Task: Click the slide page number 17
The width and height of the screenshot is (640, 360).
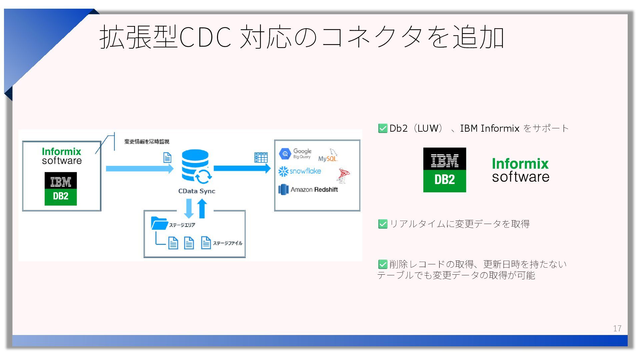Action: [x=617, y=328]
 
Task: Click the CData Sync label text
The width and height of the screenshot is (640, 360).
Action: [x=197, y=191]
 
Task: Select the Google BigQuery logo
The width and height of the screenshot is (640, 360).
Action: [x=295, y=154]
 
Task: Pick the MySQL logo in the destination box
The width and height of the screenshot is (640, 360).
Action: [x=328, y=156]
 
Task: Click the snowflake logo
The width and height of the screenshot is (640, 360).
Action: [x=300, y=171]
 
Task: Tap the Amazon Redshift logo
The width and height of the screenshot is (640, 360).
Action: [x=308, y=190]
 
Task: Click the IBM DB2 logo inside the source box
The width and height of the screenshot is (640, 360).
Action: [x=61, y=189]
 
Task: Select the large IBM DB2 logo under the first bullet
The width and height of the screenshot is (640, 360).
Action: [x=444, y=170]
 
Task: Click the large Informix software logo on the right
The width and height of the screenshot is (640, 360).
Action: [x=520, y=170]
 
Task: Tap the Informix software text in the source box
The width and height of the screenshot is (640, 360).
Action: [x=62, y=156]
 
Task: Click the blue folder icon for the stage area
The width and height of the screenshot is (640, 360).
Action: [x=159, y=223]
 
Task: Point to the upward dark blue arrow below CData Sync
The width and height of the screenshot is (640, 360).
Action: [x=202, y=208]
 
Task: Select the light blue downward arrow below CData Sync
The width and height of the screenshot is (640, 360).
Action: [x=189, y=208]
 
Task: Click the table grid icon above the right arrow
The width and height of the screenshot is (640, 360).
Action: [x=261, y=157]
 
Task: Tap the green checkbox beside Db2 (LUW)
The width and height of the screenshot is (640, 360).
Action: [x=383, y=128]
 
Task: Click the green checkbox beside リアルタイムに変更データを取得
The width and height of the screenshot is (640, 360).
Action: [x=383, y=224]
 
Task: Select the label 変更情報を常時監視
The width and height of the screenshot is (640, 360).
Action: [x=147, y=142]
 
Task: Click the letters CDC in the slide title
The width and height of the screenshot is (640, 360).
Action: [x=205, y=37]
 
